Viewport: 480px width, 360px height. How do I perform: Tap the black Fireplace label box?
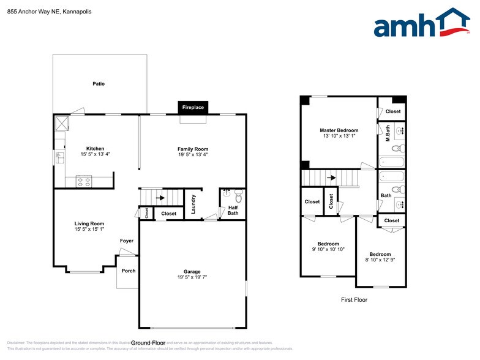(193, 108)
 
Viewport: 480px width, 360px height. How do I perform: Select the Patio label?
(99, 84)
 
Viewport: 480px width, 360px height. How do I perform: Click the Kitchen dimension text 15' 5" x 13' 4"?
(95, 154)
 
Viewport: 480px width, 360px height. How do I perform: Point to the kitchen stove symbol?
(83, 181)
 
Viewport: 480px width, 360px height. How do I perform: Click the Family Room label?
(193, 149)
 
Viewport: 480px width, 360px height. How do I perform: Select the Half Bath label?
(233, 210)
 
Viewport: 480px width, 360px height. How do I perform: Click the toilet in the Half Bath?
(239, 197)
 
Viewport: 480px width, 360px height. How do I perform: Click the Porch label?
(129, 271)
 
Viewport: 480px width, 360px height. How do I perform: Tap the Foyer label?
(127, 241)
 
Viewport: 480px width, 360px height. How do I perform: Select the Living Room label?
(89, 223)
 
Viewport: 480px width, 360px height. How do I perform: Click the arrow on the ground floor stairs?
(161, 198)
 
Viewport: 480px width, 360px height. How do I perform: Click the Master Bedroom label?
(339, 130)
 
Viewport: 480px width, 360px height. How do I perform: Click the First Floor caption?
(354, 300)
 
